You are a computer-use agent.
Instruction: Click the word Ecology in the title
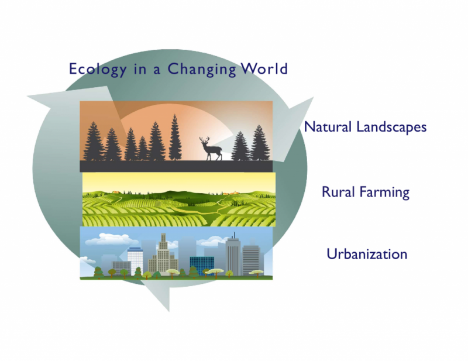click(x=98, y=69)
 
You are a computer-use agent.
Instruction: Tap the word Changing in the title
click(x=202, y=69)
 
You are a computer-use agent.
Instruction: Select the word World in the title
click(x=264, y=68)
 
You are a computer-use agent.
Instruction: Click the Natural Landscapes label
click(x=365, y=127)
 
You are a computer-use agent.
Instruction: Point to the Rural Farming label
click(x=365, y=192)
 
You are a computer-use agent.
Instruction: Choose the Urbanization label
click(x=367, y=254)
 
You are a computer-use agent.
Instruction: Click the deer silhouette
click(x=211, y=149)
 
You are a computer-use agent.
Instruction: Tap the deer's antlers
click(x=204, y=140)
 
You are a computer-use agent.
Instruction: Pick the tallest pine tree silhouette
click(x=175, y=137)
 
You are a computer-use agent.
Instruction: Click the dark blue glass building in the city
click(x=202, y=266)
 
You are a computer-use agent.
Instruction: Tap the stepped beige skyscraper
click(x=163, y=255)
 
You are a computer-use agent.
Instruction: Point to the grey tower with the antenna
click(x=233, y=255)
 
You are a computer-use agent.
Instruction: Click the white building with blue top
click(x=135, y=260)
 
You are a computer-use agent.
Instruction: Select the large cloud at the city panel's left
click(x=110, y=239)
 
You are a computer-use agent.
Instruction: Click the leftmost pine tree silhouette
click(x=94, y=141)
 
